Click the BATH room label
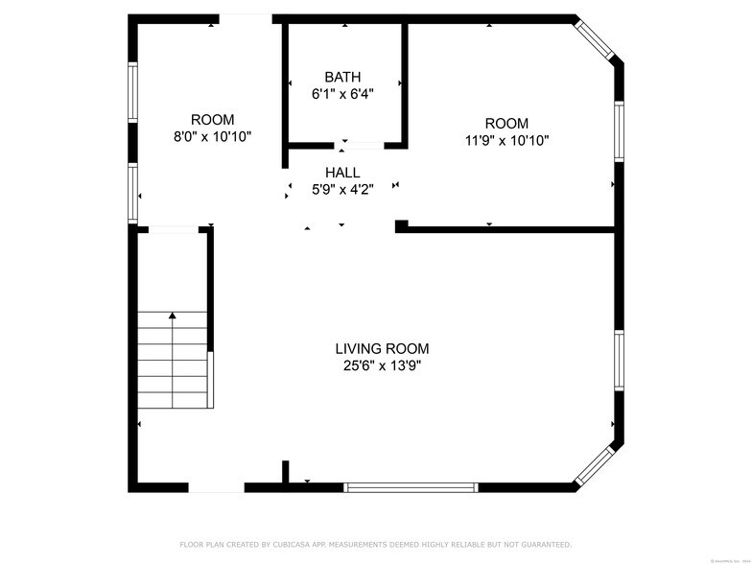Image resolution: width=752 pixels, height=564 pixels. pyautogui.click(x=342, y=77)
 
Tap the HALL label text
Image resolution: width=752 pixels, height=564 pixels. pyautogui.click(x=342, y=173)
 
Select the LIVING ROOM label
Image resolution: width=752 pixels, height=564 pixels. pyautogui.click(x=382, y=349)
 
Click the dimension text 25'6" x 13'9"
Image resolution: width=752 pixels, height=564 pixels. pyautogui.click(x=382, y=365)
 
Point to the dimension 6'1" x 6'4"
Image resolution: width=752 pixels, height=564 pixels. pyautogui.click(x=342, y=94)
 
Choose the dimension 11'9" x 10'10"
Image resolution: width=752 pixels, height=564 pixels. pyautogui.click(x=506, y=140)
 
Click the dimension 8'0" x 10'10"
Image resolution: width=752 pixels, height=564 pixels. pyautogui.click(x=212, y=136)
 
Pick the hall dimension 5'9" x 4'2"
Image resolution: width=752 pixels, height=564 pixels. pyautogui.click(x=342, y=190)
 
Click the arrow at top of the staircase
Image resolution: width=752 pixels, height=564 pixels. pyautogui.click(x=173, y=315)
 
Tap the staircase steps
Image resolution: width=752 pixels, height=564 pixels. pyautogui.click(x=173, y=360)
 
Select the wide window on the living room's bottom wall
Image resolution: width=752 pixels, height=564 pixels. pyautogui.click(x=411, y=487)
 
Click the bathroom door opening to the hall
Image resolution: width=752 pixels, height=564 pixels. pyautogui.click(x=363, y=146)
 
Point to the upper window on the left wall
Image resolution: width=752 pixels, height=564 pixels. pyautogui.click(x=133, y=93)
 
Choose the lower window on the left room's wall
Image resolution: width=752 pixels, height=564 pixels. pyautogui.click(x=133, y=194)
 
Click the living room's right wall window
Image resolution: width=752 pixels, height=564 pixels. pyautogui.click(x=619, y=361)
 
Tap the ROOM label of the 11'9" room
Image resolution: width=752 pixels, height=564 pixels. pyautogui.click(x=506, y=124)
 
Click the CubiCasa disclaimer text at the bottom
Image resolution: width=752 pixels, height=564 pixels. pyautogui.click(x=375, y=544)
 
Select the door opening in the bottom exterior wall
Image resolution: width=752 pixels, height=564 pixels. pyautogui.click(x=216, y=487)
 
